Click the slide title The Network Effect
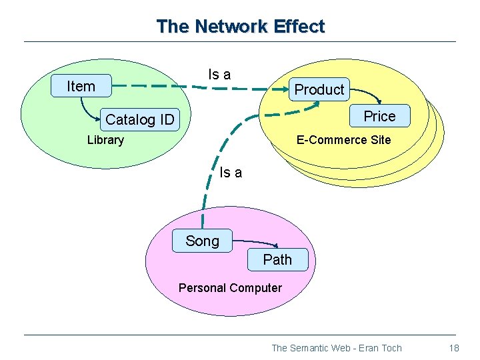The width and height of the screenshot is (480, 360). click(x=240, y=27)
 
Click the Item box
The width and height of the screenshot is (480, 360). click(x=81, y=86)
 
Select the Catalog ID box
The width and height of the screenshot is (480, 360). click(x=139, y=120)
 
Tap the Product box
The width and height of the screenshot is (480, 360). click(x=319, y=89)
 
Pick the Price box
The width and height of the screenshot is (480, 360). click(x=379, y=116)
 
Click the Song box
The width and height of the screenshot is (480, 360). click(x=202, y=241)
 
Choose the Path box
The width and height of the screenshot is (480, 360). click(x=277, y=259)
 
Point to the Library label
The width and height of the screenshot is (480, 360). click(x=105, y=140)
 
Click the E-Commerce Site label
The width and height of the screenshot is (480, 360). click(x=343, y=140)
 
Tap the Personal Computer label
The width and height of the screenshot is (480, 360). click(x=230, y=288)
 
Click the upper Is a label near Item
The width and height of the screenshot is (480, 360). click(x=219, y=75)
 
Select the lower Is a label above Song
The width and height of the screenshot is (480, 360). click(x=231, y=173)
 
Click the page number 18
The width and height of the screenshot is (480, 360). click(x=454, y=348)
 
